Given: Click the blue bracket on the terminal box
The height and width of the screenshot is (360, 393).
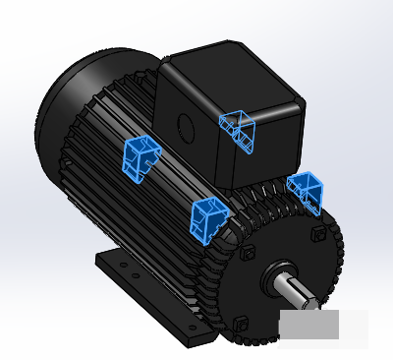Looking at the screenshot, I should tap(239, 130).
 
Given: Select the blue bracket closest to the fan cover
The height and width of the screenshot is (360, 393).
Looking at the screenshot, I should tap(140, 157).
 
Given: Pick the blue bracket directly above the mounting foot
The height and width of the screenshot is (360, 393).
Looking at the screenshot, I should tap(208, 217).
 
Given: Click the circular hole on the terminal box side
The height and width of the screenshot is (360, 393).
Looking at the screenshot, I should tap(183, 125).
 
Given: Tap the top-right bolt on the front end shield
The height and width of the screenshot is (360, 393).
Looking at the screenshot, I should tap(315, 234).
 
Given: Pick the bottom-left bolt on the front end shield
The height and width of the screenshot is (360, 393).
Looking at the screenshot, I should tap(240, 323).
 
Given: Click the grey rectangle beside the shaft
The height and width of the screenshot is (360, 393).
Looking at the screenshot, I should tap(308, 325).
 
